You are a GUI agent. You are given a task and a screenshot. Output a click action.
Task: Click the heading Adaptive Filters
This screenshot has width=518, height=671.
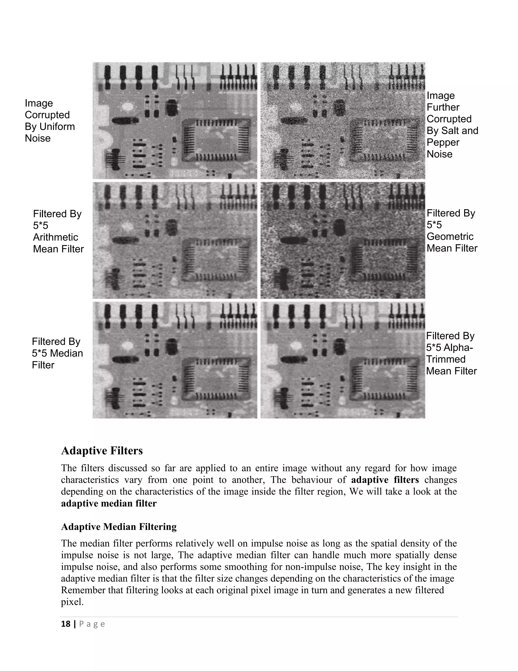coord(102,451)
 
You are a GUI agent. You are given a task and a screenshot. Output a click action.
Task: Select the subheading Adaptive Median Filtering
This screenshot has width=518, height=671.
coord(119,527)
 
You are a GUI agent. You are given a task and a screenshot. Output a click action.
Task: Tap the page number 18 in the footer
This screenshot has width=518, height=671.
coord(66,624)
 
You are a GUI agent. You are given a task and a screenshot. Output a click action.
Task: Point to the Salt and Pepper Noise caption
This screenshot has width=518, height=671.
coord(452,125)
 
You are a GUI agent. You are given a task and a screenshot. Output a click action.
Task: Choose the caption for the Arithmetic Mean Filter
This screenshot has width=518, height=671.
coord(58,231)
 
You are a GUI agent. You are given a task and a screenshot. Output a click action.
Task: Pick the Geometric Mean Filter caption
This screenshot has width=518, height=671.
coord(452,231)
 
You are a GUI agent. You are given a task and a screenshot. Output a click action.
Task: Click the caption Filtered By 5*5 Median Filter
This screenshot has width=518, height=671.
coord(57,353)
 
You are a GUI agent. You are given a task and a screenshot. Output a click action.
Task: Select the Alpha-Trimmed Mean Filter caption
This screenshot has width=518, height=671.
coord(451,353)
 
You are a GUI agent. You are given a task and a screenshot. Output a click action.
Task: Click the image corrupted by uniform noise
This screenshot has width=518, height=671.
coord(175,121)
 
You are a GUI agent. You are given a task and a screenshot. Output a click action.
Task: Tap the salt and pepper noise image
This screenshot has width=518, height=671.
coord(343,121)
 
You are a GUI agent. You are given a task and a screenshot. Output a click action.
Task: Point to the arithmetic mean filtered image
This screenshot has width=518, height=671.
coord(175,240)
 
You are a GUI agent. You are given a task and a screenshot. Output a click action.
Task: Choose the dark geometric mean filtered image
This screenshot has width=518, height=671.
coord(343,240)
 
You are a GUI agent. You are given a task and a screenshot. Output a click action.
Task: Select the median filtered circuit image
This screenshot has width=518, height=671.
coord(175,360)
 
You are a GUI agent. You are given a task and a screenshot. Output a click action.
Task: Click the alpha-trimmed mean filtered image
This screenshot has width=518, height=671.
coord(343,360)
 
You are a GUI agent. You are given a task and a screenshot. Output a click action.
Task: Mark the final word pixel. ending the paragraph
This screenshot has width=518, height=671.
coord(72,602)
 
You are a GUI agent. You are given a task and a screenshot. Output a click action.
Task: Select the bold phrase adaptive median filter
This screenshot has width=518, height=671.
coord(109,504)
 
